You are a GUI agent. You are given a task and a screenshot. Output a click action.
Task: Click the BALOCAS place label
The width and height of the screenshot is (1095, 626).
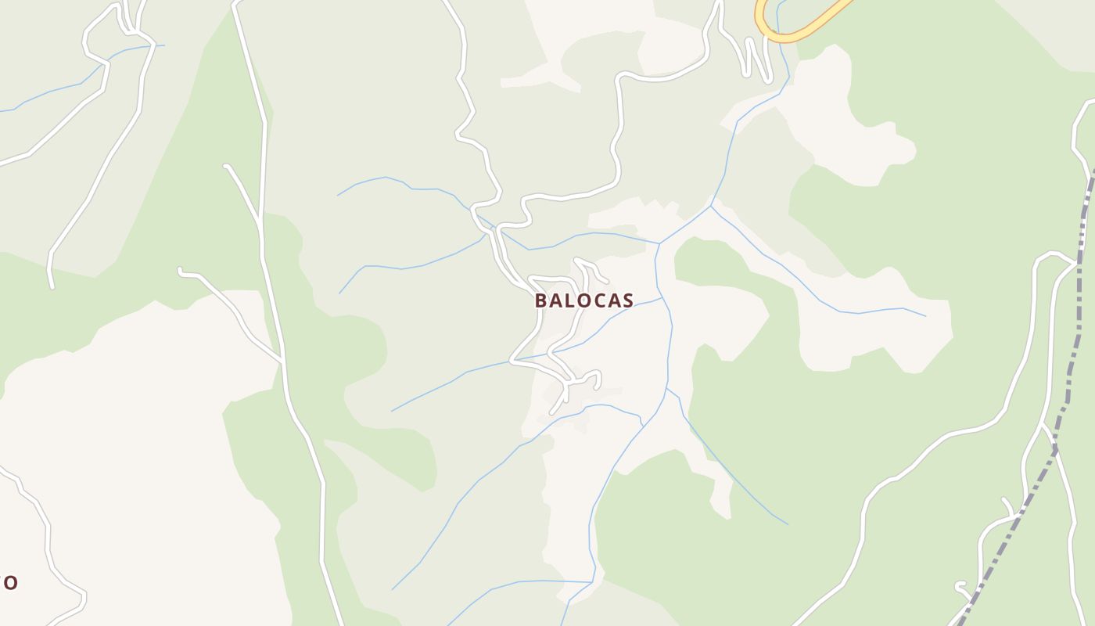tap(584, 300)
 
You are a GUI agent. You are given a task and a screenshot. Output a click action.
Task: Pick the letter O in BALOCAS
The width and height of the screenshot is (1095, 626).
tap(583, 300)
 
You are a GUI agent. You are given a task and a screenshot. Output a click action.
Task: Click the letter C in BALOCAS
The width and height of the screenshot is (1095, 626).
tap(598, 300)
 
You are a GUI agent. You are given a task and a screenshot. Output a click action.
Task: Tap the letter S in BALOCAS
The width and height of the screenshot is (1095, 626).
tap(627, 300)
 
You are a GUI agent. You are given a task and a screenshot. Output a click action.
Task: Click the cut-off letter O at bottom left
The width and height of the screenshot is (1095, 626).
tap(9, 582)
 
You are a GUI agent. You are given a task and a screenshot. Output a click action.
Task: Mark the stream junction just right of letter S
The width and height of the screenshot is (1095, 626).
tap(662, 298)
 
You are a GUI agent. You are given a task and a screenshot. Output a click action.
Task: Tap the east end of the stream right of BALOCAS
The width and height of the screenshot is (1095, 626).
tap(924, 316)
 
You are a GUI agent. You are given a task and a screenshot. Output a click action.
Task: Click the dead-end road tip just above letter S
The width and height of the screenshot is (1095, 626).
tap(607, 281)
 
